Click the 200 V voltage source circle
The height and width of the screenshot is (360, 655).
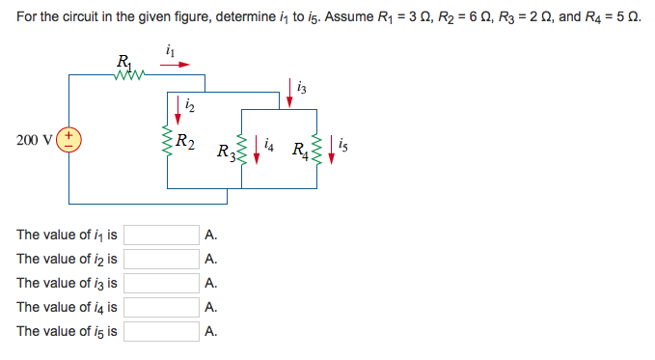(x=72, y=141)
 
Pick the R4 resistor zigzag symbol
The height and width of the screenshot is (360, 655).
(x=313, y=150)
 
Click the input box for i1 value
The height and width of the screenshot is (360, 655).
(x=161, y=235)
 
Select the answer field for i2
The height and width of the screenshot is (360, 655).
(x=161, y=260)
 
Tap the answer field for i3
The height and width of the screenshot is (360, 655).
(x=161, y=284)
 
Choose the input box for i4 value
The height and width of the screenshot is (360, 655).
(x=161, y=308)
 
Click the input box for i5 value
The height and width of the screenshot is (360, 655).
(x=161, y=332)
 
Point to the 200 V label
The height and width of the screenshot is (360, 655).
(x=34, y=140)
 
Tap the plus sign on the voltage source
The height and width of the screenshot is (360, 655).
(x=71, y=135)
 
